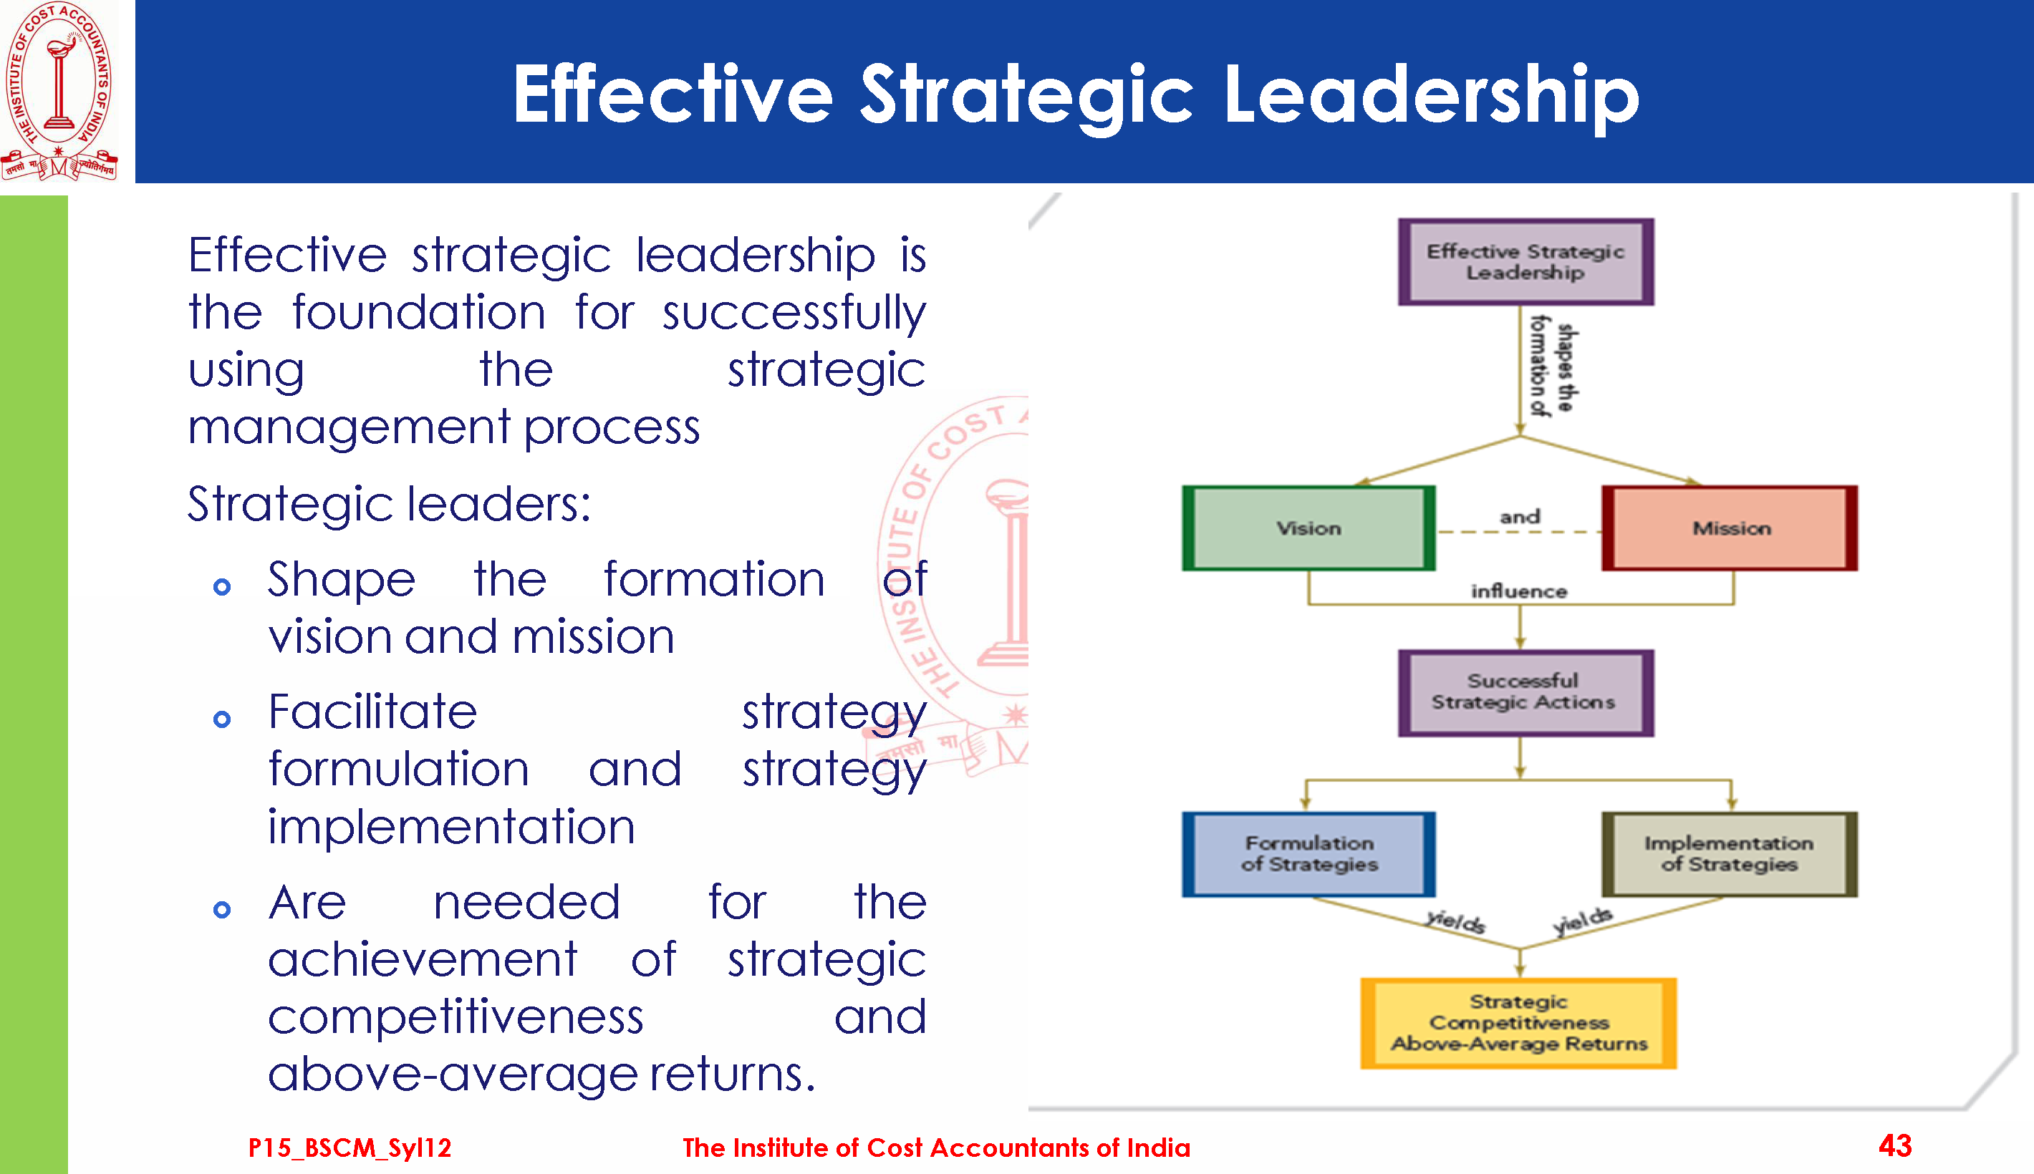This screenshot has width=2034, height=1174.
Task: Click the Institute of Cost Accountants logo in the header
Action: tap(59, 90)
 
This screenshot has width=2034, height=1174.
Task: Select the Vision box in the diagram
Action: tap(1308, 528)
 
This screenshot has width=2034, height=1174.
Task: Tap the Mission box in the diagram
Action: tap(1730, 528)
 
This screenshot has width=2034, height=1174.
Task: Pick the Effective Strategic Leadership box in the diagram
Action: tap(1526, 262)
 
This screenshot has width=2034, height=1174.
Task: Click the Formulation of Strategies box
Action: tap(1308, 854)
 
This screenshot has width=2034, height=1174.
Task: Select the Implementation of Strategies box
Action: tap(1730, 854)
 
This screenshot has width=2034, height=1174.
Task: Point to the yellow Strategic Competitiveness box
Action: tap(1518, 1023)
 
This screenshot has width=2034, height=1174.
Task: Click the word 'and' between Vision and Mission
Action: tap(1520, 517)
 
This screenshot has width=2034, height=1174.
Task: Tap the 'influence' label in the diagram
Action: tap(1520, 592)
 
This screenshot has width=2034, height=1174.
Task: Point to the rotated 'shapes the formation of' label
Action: tap(1554, 367)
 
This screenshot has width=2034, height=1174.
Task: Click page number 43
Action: tap(1895, 1145)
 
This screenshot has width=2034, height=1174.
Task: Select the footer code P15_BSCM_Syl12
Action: tap(350, 1148)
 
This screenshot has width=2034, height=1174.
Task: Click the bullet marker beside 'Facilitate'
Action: tap(222, 719)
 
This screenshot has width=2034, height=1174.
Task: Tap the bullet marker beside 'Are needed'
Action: tap(222, 910)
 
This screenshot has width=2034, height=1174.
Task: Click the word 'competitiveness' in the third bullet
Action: tap(456, 1017)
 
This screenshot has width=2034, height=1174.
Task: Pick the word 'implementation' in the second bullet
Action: tap(452, 828)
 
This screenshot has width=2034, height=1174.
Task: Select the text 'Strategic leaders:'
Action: tap(390, 505)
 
